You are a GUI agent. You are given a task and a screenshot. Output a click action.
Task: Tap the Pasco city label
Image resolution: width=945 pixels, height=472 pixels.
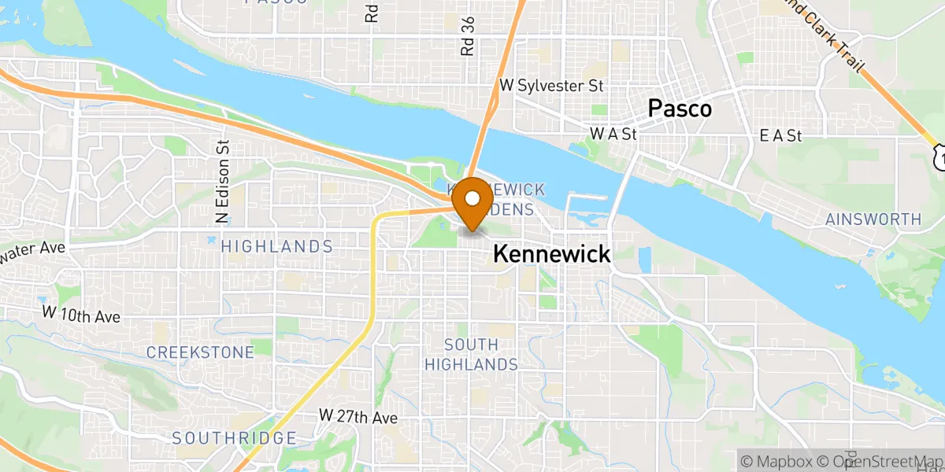pos(680,109)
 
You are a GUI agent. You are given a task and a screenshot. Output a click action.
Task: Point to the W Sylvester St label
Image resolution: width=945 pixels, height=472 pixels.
pos(551,86)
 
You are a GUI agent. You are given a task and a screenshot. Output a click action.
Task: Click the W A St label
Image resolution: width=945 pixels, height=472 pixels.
pos(613,135)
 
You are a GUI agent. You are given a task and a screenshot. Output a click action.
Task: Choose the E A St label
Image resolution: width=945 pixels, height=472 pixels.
pos(780,136)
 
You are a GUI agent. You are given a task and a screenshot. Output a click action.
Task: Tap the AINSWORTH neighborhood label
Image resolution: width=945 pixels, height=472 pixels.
pos(873,219)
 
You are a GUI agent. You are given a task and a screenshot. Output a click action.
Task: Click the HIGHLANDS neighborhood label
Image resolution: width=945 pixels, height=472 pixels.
pos(276,247)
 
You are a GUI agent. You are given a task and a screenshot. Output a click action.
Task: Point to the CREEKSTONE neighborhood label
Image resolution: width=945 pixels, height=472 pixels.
pos(200,352)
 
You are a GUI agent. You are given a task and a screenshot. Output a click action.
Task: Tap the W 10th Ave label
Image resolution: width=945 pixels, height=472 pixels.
pos(81,315)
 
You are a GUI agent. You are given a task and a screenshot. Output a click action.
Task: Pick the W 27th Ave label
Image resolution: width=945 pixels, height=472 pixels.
pos(358,417)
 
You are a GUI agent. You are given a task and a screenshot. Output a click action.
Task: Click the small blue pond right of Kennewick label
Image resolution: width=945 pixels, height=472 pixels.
pos(644,259)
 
